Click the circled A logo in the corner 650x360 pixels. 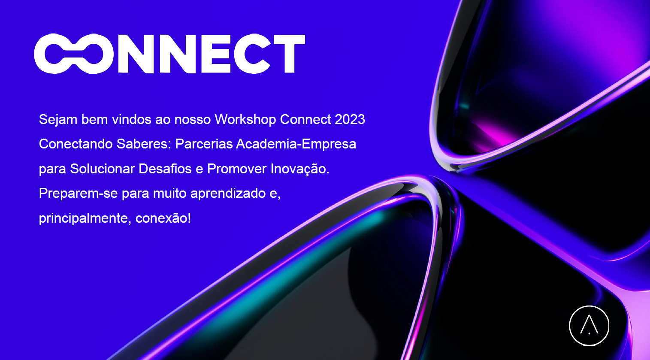589,326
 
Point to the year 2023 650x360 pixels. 350,120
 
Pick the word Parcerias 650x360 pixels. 204,144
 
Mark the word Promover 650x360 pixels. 237,169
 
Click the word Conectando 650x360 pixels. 76,144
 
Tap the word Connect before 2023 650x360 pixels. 305,120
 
